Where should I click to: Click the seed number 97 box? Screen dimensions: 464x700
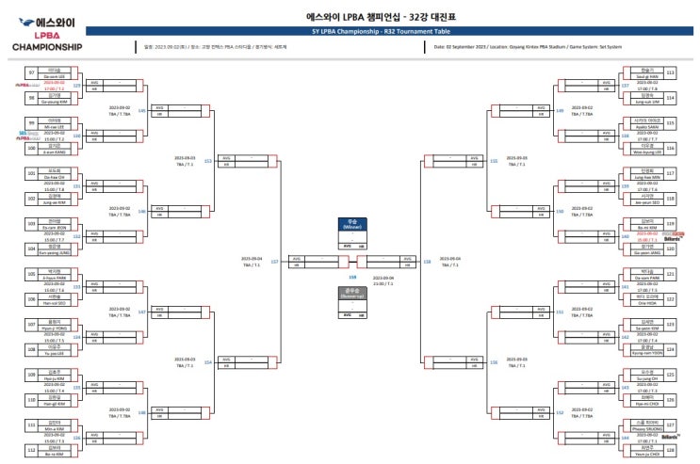pos(31,72)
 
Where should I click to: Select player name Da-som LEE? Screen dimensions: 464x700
pos(54,75)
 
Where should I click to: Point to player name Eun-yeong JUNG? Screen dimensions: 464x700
pos(54,250)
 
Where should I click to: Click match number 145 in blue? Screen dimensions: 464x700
pos(141,111)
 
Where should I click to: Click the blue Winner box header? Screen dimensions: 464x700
pos(353,225)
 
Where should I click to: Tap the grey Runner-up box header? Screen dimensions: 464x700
pos(353,292)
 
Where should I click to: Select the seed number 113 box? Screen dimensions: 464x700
pos(670,72)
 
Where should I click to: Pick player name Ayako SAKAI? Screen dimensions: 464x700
pos(645,126)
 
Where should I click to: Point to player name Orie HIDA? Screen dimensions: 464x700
pos(645,302)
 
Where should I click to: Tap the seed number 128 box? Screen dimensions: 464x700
pos(670,450)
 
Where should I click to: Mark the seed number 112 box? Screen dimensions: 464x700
pos(31,450)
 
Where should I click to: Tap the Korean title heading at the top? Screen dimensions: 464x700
pos(387,17)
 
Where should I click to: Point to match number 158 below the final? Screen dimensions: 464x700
pos(352,278)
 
